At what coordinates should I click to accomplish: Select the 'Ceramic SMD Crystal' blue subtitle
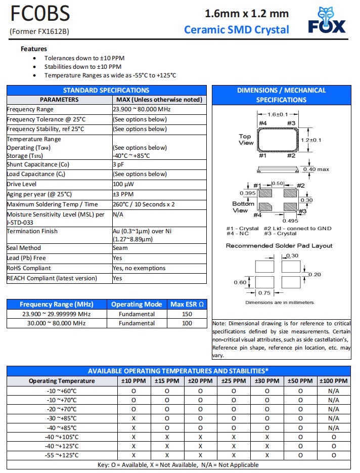[x=237, y=29]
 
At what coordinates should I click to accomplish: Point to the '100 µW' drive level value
[x=123, y=184]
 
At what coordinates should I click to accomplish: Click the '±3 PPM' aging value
[x=123, y=194]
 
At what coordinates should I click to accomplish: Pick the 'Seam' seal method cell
[x=120, y=248]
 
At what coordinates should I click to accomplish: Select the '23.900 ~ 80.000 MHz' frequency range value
[x=142, y=109]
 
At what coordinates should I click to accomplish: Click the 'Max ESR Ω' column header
[x=187, y=304]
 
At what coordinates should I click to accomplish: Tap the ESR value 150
[x=187, y=314]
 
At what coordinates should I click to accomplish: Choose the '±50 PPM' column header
[x=300, y=381]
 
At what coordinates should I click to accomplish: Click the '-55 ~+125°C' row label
[x=62, y=455]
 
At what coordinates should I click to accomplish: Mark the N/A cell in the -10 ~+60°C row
[x=333, y=391]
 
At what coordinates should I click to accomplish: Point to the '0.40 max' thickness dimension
[x=316, y=169]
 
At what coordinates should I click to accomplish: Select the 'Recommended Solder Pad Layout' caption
[x=279, y=246]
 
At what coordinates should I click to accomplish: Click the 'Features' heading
[x=34, y=49]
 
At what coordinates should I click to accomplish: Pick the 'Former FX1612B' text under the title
[x=39, y=31]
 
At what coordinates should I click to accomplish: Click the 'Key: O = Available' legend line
[x=178, y=465]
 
